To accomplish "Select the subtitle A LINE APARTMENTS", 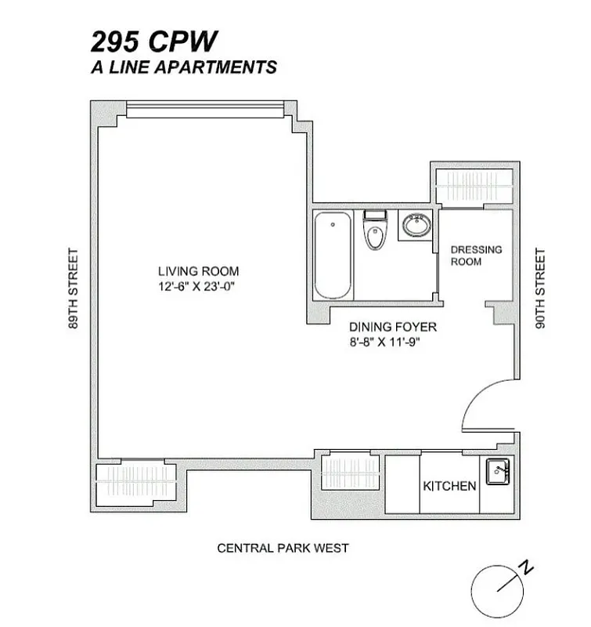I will click(x=184, y=67).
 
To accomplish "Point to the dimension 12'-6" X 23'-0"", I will click(x=196, y=287).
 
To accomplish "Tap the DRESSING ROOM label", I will click(x=476, y=256).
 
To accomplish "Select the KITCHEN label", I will click(x=449, y=486).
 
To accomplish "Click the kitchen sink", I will click(x=496, y=472).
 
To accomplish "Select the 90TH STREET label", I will click(x=539, y=288).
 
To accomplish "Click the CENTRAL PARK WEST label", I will click(x=283, y=548).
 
